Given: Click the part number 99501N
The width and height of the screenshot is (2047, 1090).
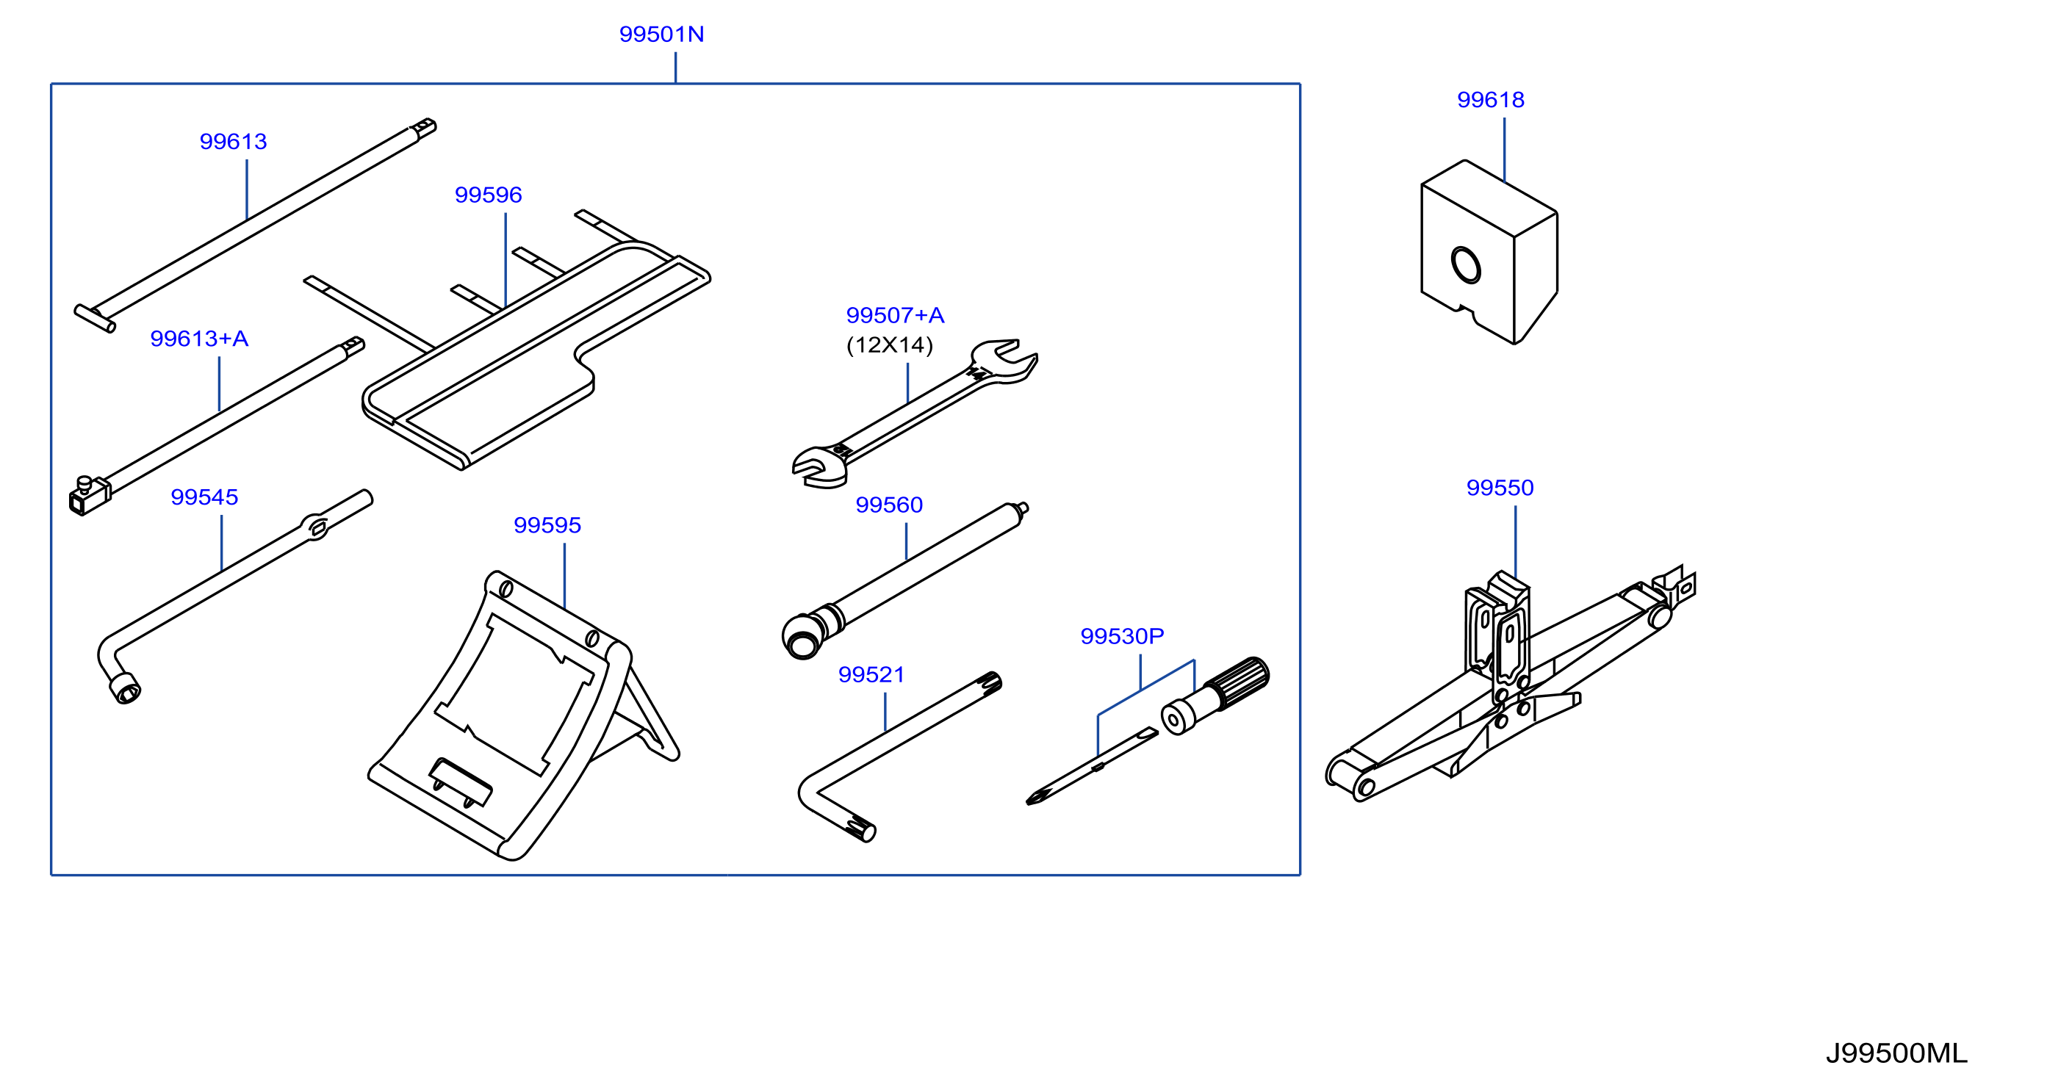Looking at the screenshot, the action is point(661,35).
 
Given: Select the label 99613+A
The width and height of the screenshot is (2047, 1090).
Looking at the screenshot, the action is point(199,339).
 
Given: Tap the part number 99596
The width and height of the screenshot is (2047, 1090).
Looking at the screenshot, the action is point(488,195).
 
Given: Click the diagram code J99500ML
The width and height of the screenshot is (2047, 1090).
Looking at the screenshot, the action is point(1896,1053).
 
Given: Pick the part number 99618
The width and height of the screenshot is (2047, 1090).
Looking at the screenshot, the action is point(1490,99).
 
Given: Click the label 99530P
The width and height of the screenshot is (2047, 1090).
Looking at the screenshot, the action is point(1121,635).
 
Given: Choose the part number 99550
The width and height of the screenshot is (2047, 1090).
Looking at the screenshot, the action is point(1500,487).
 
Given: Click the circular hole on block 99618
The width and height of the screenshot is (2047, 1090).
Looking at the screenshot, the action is point(1465,265).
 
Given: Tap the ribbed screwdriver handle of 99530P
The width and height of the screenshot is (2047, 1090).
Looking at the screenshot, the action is point(1238,682).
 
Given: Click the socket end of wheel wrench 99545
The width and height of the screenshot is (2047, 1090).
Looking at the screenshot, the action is point(125,688).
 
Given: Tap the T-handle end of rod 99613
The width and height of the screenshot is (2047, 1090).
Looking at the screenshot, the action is point(95,318).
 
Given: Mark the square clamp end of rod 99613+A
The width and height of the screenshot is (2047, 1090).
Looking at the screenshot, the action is point(88,497).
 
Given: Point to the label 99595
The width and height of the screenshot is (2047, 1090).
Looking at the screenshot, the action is point(547,524).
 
